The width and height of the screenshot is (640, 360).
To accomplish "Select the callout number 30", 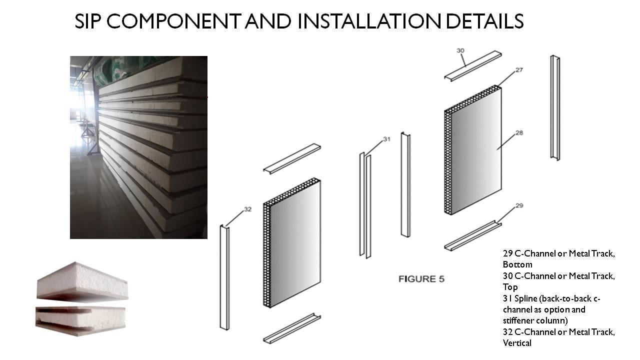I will pyautogui.click(x=460, y=51).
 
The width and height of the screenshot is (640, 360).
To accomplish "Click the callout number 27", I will pyautogui.click(x=519, y=70).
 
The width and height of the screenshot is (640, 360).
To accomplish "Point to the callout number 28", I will pyautogui.click(x=519, y=132).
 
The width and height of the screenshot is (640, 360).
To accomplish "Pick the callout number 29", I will pyautogui.click(x=519, y=205).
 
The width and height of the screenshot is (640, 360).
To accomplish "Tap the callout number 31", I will pyautogui.click(x=386, y=139).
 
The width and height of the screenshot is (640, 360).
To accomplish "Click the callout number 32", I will pyautogui.click(x=247, y=209).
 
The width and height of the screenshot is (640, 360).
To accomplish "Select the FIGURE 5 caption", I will pyautogui.click(x=421, y=279).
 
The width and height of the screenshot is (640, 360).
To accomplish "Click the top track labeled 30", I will pyautogui.click(x=473, y=66).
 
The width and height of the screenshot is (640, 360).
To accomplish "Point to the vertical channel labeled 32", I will pyautogui.click(x=224, y=277).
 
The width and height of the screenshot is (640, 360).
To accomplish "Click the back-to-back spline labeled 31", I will pyautogui.click(x=365, y=205).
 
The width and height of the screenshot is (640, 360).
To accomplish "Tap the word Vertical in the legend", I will pyautogui.click(x=517, y=343).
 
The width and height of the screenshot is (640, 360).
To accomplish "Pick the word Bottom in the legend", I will pyautogui.click(x=517, y=264).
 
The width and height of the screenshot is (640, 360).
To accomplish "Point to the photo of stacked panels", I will pyautogui.click(x=138, y=147).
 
